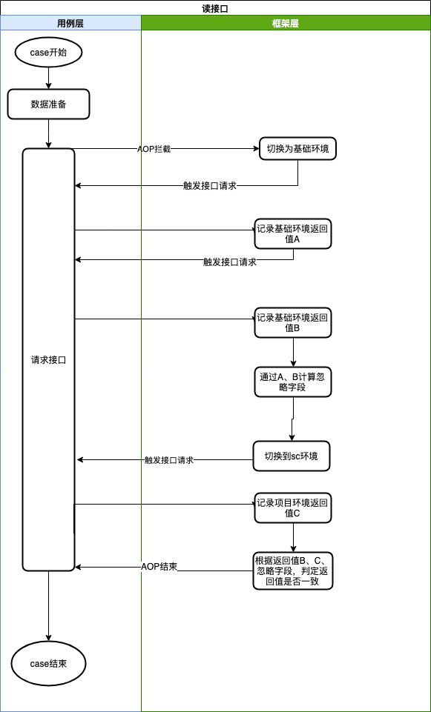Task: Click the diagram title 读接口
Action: click(x=215, y=7)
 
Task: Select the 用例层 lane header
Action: click(x=70, y=24)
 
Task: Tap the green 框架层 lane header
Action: click(x=286, y=24)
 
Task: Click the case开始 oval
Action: click(x=48, y=53)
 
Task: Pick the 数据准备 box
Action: click(x=48, y=104)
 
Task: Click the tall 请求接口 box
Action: click(x=49, y=360)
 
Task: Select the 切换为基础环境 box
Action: click(x=297, y=148)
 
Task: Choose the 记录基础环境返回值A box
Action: click(x=293, y=234)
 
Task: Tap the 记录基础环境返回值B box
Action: click(x=293, y=322)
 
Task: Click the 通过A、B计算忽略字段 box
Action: click(x=293, y=382)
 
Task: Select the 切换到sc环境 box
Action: click(x=291, y=456)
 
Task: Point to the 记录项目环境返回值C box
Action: click(x=293, y=508)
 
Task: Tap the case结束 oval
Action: click(x=49, y=663)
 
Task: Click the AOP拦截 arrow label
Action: click(x=154, y=149)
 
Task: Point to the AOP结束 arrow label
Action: click(x=159, y=567)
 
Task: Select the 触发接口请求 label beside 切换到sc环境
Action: click(x=169, y=460)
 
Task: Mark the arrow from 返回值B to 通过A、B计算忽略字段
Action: click(x=293, y=353)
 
